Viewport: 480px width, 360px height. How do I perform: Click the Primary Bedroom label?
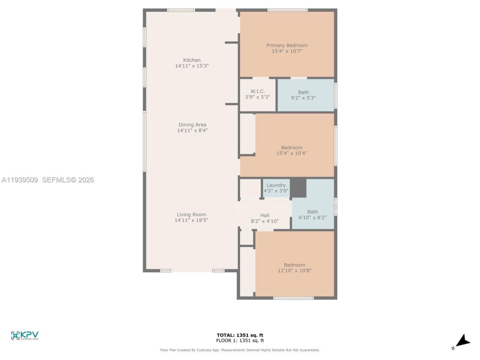[287, 45]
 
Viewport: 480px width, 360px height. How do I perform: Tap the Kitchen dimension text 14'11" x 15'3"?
[192, 66]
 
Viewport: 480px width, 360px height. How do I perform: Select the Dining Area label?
[192, 125]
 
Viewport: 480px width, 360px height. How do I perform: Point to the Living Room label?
[191, 214]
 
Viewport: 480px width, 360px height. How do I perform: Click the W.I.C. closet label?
[258, 91]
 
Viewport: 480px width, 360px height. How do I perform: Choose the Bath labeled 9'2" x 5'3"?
[303, 95]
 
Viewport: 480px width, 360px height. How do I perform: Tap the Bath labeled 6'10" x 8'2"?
[312, 214]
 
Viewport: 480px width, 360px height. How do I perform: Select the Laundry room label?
[276, 185]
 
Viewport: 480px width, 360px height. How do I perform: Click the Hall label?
[265, 216]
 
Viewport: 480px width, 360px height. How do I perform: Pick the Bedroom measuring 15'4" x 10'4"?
[292, 150]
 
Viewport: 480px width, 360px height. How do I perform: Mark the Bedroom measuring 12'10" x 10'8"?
[294, 268]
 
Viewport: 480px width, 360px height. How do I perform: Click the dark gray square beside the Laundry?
[298, 188]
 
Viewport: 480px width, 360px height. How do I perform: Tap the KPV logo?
[25, 335]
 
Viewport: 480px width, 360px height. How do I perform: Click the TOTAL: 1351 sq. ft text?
[240, 335]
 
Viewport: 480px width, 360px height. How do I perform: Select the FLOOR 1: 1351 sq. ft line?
[240, 340]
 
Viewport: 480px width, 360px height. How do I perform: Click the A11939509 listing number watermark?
[20, 180]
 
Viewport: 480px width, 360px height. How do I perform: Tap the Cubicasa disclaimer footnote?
[240, 350]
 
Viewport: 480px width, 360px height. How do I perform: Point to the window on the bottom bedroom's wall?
[293, 298]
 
